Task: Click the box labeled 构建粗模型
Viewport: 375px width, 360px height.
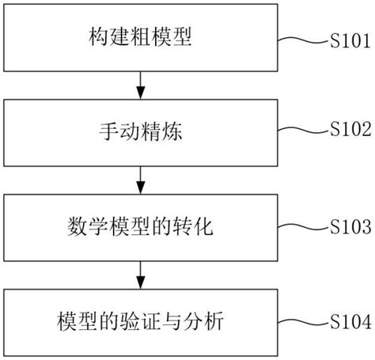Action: coord(140,37)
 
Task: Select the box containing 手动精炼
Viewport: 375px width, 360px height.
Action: coord(140,132)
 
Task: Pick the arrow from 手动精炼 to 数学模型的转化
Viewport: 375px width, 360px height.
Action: coord(140,180)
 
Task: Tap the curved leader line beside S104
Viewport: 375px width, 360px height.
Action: coord(301,323)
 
